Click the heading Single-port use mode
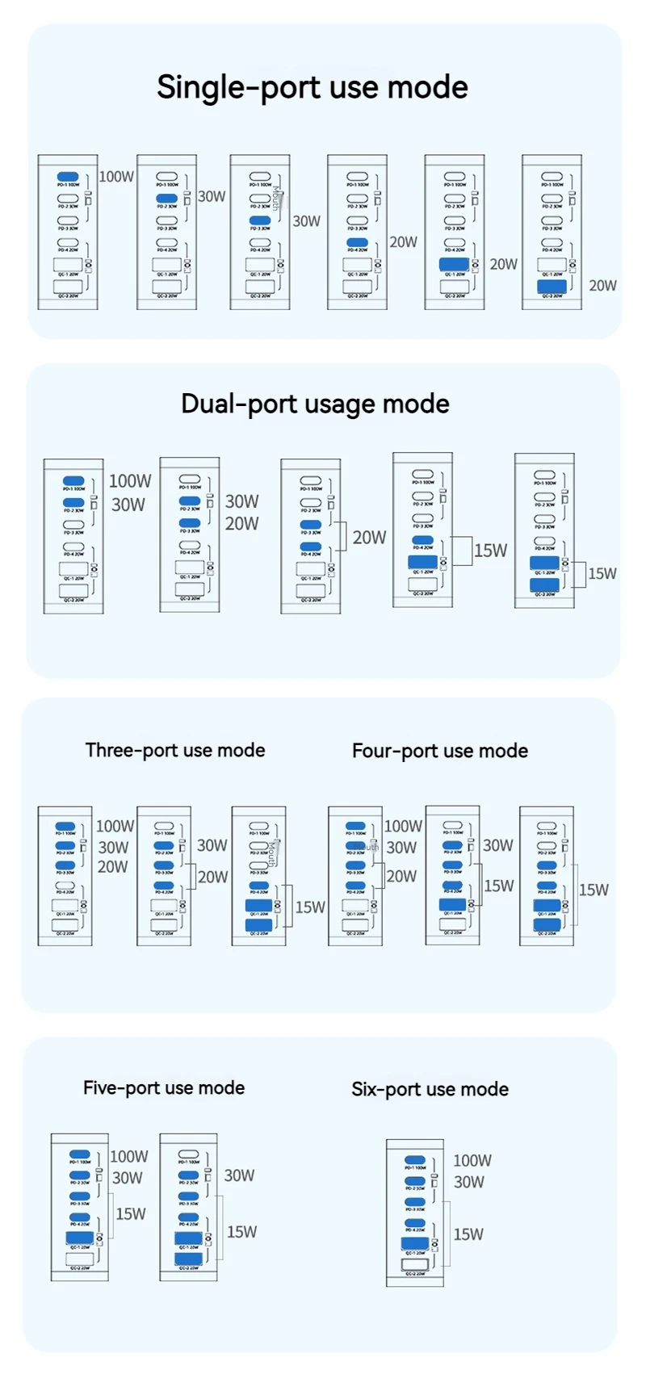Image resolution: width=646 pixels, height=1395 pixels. tap(312, 87)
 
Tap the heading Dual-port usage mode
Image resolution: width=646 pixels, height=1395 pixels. tap(315, 404)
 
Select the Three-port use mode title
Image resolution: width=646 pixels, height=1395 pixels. tap(175, 750)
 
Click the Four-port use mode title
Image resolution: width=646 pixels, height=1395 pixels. tap(440, 751)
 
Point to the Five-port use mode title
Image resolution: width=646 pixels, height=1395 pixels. tap(164, 1087)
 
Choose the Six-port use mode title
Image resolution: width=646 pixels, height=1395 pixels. tap(430, 1089)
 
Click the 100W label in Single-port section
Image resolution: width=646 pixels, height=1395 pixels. tap(116, 176)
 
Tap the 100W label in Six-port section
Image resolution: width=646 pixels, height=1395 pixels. tap(472, 1160)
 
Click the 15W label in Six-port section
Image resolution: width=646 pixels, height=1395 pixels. tap(468, 1234)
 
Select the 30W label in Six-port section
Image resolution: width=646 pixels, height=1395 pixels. tap(469, 1182)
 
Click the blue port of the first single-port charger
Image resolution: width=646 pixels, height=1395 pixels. tap(68, 176)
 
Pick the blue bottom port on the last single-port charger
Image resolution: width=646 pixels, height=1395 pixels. tap(552, 286)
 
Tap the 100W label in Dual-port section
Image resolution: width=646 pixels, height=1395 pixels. tap(130, 481)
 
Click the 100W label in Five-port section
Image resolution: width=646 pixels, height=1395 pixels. tap(129, 1156)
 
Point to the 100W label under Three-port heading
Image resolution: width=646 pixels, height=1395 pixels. tap(115, 826)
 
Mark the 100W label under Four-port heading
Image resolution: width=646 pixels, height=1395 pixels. tap(403, 826)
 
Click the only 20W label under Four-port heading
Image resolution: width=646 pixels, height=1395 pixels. tap(401, 876)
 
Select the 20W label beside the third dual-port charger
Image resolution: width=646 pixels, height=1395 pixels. tap(369, 538)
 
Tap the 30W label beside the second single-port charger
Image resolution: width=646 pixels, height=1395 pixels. tap(212, 196)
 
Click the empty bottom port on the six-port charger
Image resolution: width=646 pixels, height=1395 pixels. tap(415, 1265)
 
